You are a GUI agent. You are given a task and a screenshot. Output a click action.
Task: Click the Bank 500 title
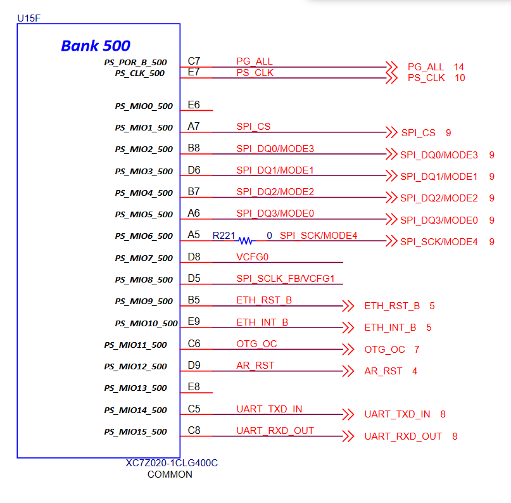[x=96, y=46]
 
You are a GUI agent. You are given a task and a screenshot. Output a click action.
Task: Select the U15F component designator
[x=28, y=18]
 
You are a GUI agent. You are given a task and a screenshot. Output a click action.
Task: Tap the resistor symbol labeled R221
[x=245, y=241]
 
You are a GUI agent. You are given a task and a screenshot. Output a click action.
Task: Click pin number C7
[x=194, y=61]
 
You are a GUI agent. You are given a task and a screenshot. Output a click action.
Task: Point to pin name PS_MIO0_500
[x=144, y=106]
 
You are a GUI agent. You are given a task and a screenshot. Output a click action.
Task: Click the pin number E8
[x=194, y=386]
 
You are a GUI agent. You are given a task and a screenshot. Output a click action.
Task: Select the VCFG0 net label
[x=253, y=257]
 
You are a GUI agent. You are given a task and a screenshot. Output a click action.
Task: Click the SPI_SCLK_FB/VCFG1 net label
[x=285, y=279]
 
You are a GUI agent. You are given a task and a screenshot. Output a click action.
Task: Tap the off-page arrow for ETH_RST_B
[x=348, y=306]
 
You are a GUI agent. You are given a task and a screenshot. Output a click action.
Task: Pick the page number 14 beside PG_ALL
[x=459, y=67]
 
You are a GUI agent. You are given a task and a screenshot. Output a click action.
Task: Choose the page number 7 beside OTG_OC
[x=417, y=350]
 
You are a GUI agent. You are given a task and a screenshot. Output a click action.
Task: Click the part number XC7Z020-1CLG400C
[x=172, y=463]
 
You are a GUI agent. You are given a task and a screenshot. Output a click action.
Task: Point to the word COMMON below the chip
[x=170, y=474]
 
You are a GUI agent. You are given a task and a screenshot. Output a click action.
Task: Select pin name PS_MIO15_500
[x=136, y=432]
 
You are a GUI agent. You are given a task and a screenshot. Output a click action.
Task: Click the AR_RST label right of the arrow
[x=383, y=371]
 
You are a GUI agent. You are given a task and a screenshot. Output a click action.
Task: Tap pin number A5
[x=194, y=235]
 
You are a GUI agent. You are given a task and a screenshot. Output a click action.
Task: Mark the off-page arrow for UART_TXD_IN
[x=348, y=414]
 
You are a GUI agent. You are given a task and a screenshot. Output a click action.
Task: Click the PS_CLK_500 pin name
[x=139, y=73]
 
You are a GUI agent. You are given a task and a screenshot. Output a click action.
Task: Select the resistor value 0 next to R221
[x=269, y=236]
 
